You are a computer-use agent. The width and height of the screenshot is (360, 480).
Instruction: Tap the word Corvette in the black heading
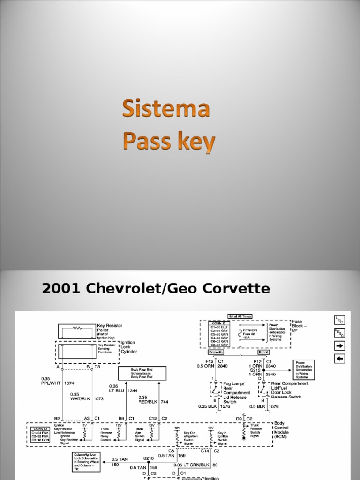[238, 288]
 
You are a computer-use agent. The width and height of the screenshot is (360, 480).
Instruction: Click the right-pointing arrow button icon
[338, 346]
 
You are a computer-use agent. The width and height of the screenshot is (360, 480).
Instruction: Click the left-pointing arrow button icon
[338, 359]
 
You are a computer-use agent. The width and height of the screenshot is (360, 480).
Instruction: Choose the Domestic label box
[216, 352]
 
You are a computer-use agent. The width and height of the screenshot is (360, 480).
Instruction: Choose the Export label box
[264, 352]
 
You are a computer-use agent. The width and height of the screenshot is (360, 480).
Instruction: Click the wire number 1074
[69, 382]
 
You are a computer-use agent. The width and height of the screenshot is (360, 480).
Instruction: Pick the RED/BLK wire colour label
[148, 402]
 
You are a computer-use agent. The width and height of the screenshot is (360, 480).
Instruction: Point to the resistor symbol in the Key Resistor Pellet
[77, 329]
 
